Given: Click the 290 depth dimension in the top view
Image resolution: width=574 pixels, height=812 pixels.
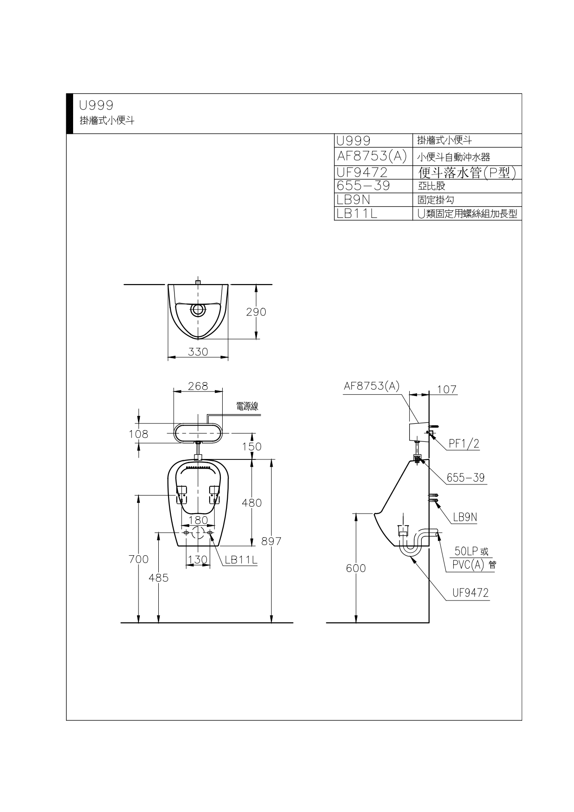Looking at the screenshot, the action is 256,312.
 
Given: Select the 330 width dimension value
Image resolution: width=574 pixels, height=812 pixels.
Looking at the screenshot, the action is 198,352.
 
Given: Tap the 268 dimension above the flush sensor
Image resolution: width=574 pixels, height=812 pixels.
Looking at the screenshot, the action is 198,385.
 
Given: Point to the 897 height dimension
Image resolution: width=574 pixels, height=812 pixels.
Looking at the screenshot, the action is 271,541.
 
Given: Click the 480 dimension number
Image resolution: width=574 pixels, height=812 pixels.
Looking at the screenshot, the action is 252,502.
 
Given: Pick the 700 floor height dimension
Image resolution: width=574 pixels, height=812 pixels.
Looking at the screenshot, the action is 139,559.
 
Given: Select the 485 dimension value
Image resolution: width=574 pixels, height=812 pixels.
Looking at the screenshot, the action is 159,577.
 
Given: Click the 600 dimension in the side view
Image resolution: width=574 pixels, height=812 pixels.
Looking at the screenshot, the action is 356,568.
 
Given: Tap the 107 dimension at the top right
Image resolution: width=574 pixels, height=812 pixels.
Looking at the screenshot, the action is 447,390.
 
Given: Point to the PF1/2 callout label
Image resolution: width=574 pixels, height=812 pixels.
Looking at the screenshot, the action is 464,444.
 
